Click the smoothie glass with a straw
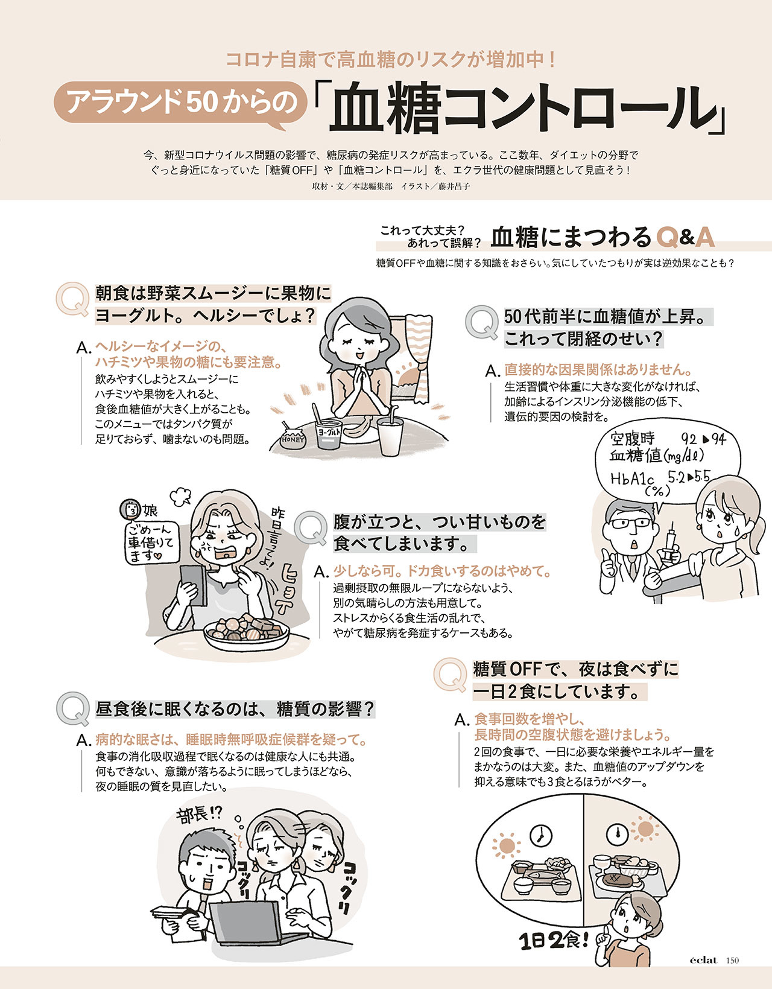coord(390,434)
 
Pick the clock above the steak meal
coord(618,833)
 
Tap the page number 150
coord(732,960)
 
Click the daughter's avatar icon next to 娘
coord(130,509)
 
